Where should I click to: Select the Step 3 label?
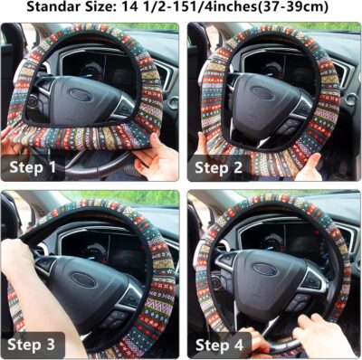(35, 344)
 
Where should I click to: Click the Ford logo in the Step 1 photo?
(80, 93)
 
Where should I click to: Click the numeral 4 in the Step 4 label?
(245, 344)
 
